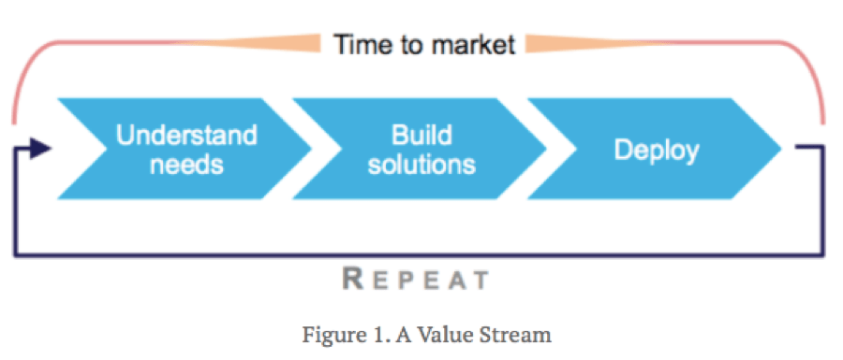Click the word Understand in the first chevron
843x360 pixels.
(185, 135)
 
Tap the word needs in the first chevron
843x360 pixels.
(186, 165)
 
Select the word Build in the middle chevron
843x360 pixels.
(421, 135)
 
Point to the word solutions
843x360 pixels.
(421, 165)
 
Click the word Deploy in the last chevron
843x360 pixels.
(656, 150)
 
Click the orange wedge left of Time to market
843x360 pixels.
(272, 43)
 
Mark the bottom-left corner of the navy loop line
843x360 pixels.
(15, 252)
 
